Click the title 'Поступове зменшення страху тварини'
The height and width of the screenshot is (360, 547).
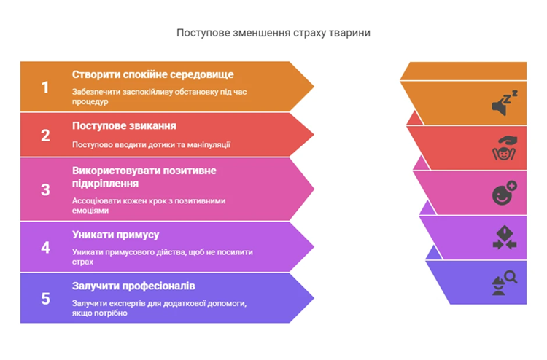273,33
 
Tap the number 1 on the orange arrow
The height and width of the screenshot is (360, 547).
45,87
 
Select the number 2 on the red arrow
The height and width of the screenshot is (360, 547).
45,136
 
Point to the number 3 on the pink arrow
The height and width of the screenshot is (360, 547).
45,189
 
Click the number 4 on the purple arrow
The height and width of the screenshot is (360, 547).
45,248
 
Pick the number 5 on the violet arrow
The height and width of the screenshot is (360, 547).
45,299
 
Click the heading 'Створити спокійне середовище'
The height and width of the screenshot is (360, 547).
153,74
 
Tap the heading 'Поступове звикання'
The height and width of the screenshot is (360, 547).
124,126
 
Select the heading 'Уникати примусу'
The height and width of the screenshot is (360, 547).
115,235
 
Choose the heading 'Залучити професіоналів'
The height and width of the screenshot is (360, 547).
133,286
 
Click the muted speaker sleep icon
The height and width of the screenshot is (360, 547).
505,103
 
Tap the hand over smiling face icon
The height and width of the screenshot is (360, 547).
505,148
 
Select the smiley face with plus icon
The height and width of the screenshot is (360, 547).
505,192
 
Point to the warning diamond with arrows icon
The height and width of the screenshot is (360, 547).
505,238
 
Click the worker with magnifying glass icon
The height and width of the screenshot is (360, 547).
505,283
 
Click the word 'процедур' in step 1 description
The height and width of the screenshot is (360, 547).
90,102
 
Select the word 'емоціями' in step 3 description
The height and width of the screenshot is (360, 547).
90,211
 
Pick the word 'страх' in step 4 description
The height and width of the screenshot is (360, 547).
82,262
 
